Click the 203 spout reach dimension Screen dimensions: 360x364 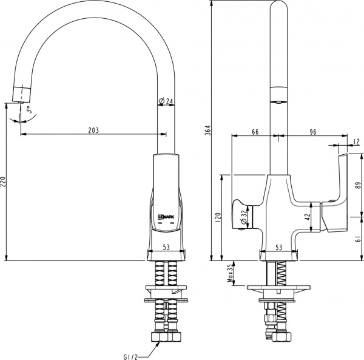coord(93,130)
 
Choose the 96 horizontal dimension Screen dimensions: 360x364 coord(313,131)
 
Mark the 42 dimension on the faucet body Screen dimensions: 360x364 coord(308,216)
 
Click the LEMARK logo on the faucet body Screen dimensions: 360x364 coord(166,216)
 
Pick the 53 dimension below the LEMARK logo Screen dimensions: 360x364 coord(165,247)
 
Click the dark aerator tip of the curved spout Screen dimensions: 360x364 coord(21,94)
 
